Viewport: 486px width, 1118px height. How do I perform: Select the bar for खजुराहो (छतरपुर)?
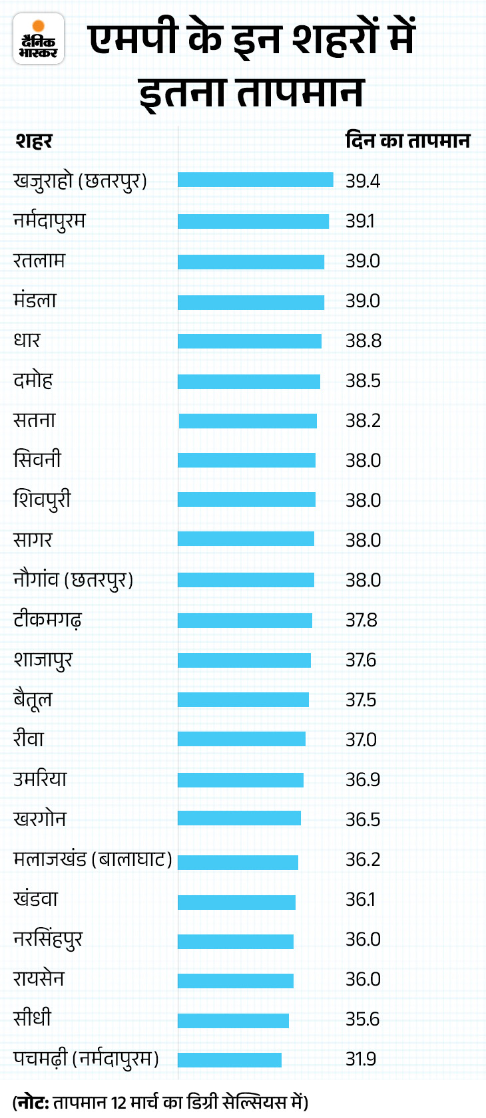pyautogui.click(x=255, y=180)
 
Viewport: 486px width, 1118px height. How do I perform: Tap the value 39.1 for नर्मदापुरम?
pyautogui.click(x=360, y=221)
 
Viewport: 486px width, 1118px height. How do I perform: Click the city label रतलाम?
pyautogui.click(x=39, y=260)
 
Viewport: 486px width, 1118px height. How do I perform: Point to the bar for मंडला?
pyautogui.click(x=250, y=302)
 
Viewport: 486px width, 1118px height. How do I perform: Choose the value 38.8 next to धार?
pyautogui.click(x=363, y=341)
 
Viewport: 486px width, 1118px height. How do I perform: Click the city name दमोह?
pyautogui.click(x=33, y=380)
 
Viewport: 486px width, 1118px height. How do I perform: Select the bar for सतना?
pyautogui.click(x=248, y=420)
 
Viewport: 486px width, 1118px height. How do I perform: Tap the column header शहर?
pyautogui.click(x=33, y=141)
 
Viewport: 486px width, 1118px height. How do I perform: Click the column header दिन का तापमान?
pyautogui.click(x=407, y=141)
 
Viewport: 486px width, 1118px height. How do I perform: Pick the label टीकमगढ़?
pyautogui.click(x=47, y=620)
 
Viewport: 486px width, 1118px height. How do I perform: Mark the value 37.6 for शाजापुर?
pyautogui.click(x=361, y=660)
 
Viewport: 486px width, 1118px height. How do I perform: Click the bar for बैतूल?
pyautogui.click(x=243, y=700)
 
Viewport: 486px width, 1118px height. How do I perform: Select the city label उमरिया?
pyautogui.click(x=40, y=779)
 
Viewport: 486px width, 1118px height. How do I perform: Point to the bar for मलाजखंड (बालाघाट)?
pyautogui.click(x=238, y=862)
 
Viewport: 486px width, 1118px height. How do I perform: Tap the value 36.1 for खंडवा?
pyautogui.click(x=360, y=899)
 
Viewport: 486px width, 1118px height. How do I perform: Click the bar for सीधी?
pyautogui.click(x=233, y=1020)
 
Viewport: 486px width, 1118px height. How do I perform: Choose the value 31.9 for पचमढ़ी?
pyautogui.click(x=361, y=1059)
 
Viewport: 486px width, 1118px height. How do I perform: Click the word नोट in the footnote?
pyautogui.click(x=31, y=1102)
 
